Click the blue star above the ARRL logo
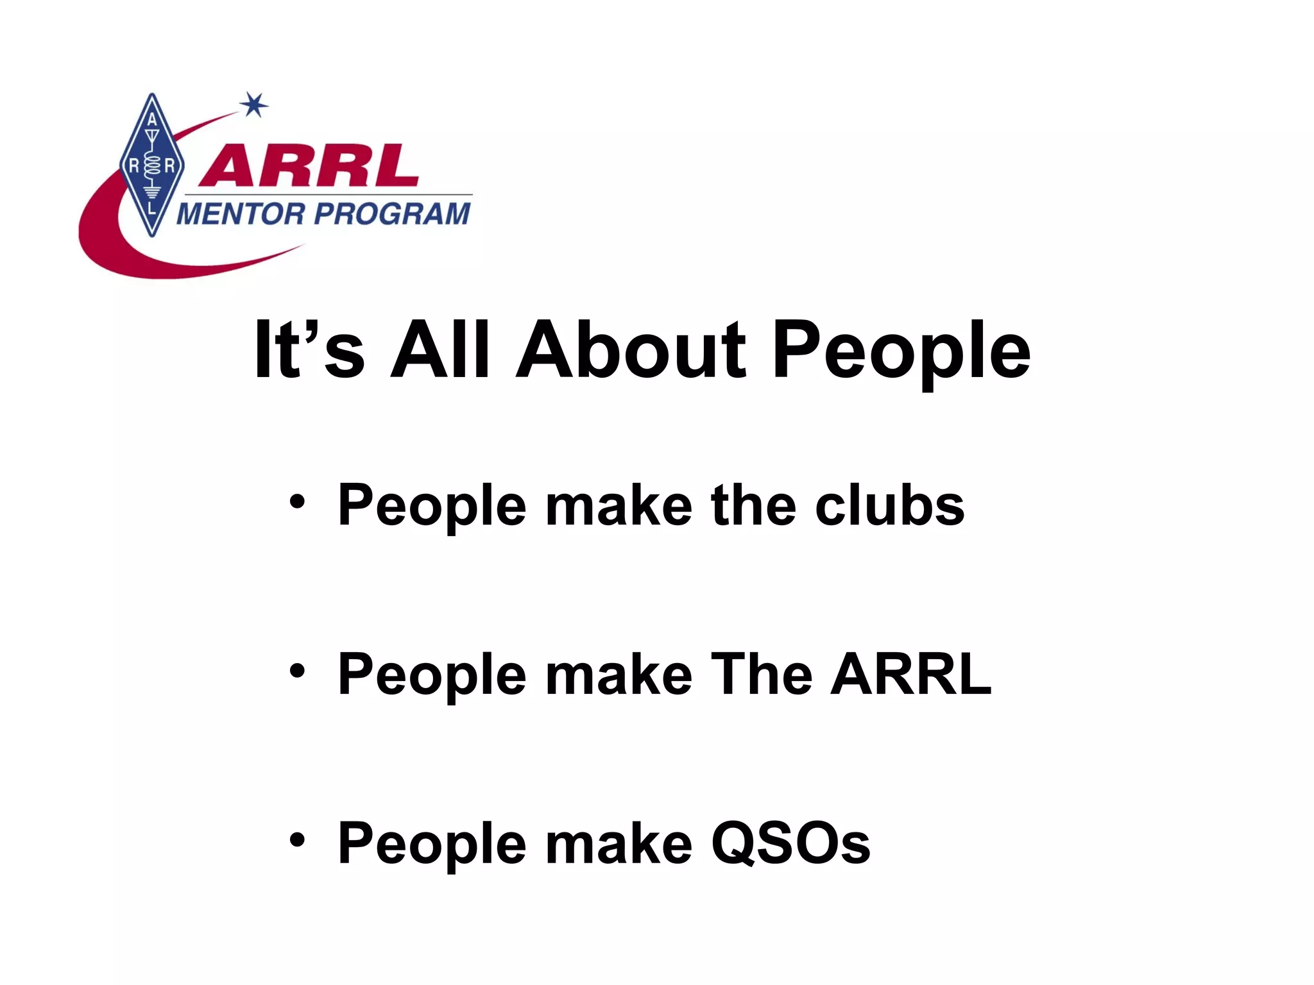[x=255, y=105]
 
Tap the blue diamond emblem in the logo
[x=152, y=165]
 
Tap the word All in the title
[x=440, y=351]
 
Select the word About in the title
[x=631, y=351]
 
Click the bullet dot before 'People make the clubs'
[x=296, y=502]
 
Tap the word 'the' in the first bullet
[x=753, y=505]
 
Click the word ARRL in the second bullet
[x=911, y=674]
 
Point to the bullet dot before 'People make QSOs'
[x=296, y=840]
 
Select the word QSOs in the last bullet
[x=790, y=843]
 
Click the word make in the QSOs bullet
[x=619, y=843]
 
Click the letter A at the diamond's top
[x=152, y=120]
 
